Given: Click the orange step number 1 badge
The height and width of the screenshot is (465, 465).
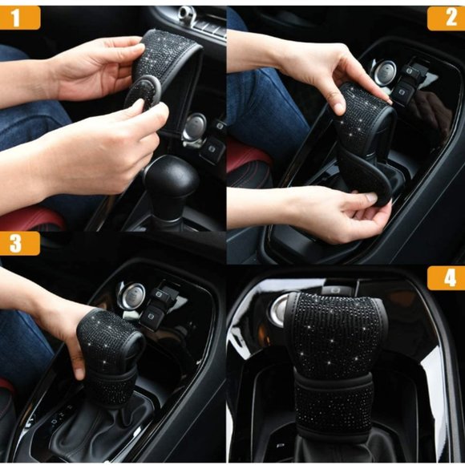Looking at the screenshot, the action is [x=20, y=18].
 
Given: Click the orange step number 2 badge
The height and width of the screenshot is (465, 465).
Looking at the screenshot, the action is [x=446, y=18].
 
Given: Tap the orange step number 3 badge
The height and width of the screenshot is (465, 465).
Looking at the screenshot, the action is [x=20, y=243].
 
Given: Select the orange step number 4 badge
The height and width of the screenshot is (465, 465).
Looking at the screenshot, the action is [x=446, y=278].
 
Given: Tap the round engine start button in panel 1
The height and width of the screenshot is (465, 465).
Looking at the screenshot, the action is [x=195, y=127].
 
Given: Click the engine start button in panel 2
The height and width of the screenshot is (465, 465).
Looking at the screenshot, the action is [x=385, y=73].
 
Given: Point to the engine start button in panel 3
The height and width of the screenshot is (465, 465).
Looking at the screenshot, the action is [x=131, y=296].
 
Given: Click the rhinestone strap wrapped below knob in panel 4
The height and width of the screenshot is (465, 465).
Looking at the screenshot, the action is [x=334, y=402].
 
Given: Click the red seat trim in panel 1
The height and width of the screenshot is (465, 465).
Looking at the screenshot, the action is [x=33, y=219].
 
